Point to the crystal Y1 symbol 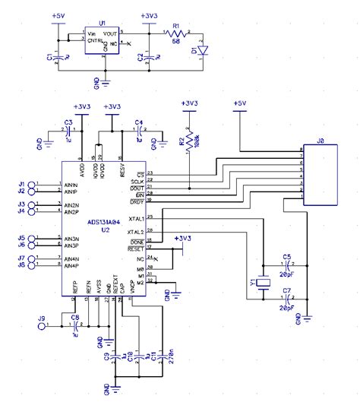[x=263, y=283]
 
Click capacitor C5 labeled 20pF [x=287, y=267]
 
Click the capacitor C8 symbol [x=74, y=325]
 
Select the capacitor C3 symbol [x=68, y=129]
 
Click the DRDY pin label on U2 [x=137, y=201]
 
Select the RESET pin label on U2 [x=136, y=248]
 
